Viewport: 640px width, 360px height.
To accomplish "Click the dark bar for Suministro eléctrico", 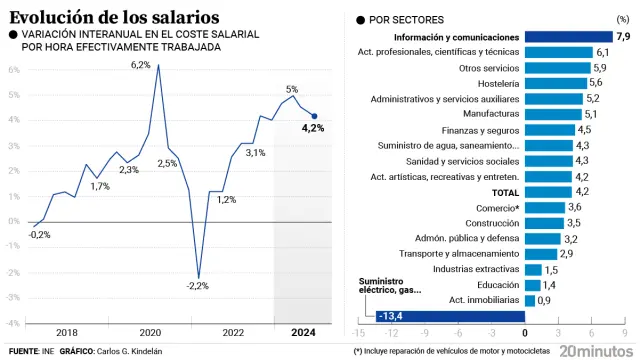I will pyautogui.click(x=450, y=316).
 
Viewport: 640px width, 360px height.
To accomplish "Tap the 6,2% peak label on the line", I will pyautogui.click(x=140, y=65).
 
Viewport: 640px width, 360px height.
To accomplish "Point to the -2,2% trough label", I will pyautogui.click(x=198, y=286).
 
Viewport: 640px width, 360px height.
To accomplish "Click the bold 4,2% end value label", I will pyautogui.click(x=313, y=128).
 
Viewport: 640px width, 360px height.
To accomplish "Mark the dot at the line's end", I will pyautogui.click(x=315, y=116).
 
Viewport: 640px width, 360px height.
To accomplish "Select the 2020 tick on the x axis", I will pyautogui.click(x=150, y=332).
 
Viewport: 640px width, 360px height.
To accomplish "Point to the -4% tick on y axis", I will pyautogui.click(x=13, y=323).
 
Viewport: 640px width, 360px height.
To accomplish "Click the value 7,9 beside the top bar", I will pyautogui.click(x=622, y=37).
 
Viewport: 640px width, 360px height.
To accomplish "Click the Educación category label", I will pyautogui.click(x=497, y=285).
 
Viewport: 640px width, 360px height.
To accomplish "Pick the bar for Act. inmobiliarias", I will pyautogui.click(x=530, y=300).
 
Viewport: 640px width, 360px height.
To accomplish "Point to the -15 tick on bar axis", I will pyautogui.click(x=357, y=332).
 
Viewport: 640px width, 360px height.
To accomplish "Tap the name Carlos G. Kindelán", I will pyautogui.click(x=129, y=352).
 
